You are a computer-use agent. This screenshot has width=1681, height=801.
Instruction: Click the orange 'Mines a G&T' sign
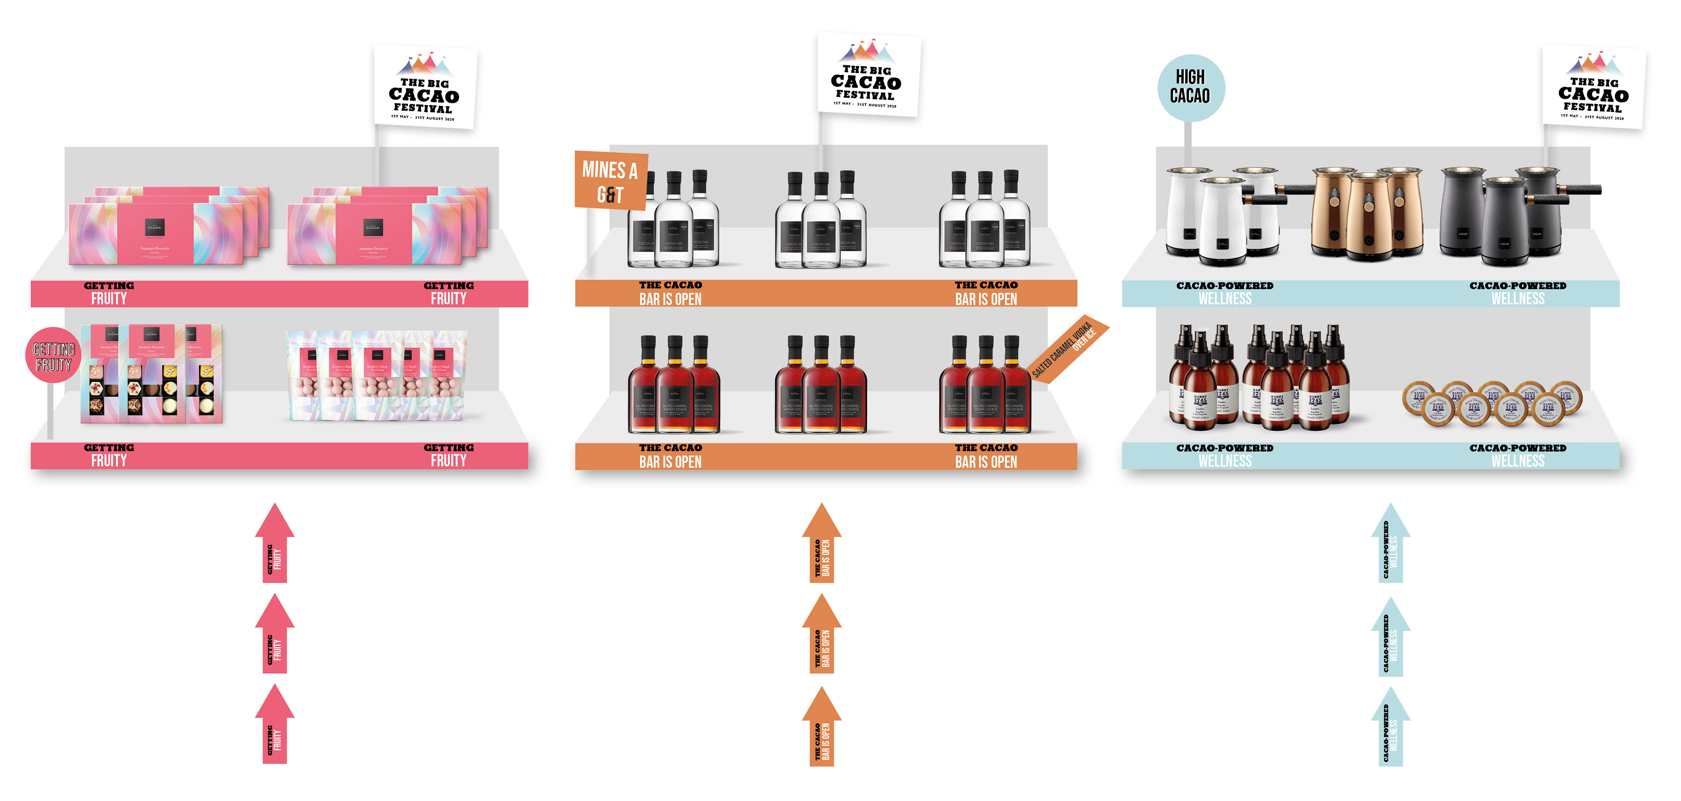pyautogui.click(x=610, y=181)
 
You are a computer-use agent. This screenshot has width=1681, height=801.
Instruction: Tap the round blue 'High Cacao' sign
pyautogui.click(x=1190, y=87)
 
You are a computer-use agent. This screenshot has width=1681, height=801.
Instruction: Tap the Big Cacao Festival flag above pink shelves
pyautogui.click(x=425, y=86)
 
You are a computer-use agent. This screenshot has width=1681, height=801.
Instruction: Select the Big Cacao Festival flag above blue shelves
pyautogui.click(x=1593, y=86)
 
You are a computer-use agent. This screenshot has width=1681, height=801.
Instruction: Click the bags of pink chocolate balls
pyautogui.click(x=376, y=374)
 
